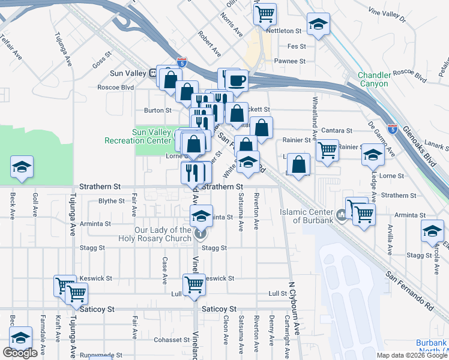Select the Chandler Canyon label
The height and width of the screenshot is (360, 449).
pos(375,79)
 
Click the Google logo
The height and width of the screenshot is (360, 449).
pos(20,353)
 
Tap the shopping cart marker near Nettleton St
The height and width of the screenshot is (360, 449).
pos(265,12)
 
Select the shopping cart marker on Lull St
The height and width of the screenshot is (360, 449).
pos(193,284)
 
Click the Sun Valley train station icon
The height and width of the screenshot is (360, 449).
pos(153,73)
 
